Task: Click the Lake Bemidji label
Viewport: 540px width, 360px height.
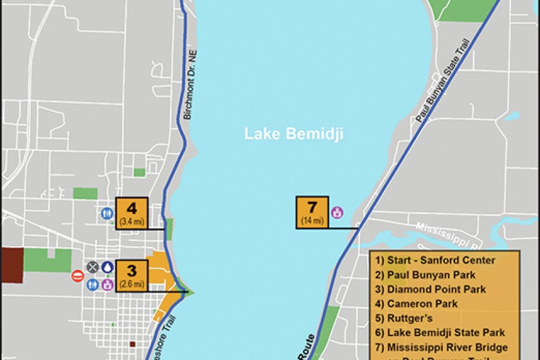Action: [293, 134]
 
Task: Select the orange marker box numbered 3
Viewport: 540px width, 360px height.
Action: [132, 276]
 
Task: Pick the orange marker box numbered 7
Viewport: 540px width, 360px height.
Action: [312, 212]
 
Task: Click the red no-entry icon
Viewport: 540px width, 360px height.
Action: [77, 276]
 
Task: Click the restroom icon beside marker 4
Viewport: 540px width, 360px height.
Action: [107, 213]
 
